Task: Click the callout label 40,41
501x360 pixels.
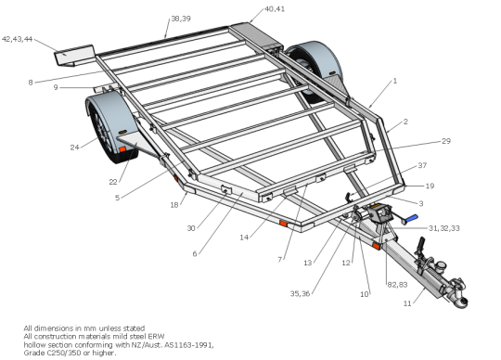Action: [x=275, y=9]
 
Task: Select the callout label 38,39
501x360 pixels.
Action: [x=181, y=19]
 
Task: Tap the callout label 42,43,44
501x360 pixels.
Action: [x=18, y=39]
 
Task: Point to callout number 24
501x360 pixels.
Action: [x=74, y=148]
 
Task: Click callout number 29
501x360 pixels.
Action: [x=446, y=141]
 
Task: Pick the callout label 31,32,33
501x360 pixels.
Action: [x=443, y=228]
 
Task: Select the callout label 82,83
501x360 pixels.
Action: [x=397, y=285]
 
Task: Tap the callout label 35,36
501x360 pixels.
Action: [x=300, y=293]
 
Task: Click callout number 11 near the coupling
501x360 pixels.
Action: [x=407, y=303]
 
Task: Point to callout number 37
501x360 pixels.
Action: [x=422, y=165]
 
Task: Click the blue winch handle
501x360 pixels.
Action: [x=412, y=218]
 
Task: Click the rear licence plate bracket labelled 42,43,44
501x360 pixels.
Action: [x=74, y=56]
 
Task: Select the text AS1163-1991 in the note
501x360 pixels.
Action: [x=189, y=345]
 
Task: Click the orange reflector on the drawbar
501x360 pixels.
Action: [x=376, y=246]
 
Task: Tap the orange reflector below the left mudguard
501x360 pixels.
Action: [x=122, y=149]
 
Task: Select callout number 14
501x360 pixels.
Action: [x=244, y=238]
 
